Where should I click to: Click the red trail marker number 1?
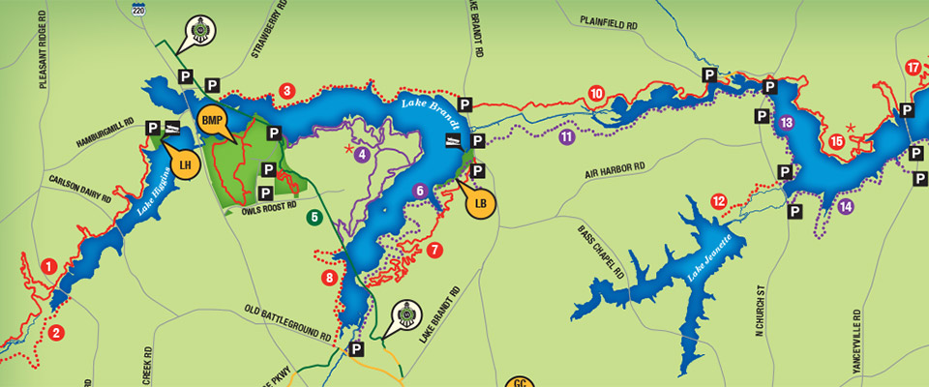pyautogui.click(x=48, y=265)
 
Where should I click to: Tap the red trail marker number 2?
pyautogui.click(x=56, y=334)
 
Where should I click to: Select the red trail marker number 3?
pyautogui.click(x=286, y=92)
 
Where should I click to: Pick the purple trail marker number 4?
pyautogui.click(x=362, y=153)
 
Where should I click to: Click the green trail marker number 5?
pyautogui.click(x=315, y=218)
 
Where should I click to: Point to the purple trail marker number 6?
pyautogui.click(x=419, y=191)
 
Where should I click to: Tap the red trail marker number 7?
pyautogui.click(x=435, y=250)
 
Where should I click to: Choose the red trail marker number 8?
pyautogui.click(x=329, y=279)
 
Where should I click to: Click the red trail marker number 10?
pyautogui.click(x=596, y=93)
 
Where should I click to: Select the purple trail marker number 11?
pyautogui.click(x=566, y=137)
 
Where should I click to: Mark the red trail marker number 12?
pyautogui.click(x=718, y=201)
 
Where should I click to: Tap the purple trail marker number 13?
pyautogui.click(x=786, y=123)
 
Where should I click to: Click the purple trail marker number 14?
pyautogui.click(x=847, y=205)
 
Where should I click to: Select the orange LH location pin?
pyautogui.click(x=188, y=164)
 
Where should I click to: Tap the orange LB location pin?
pyautogui.click(x=482, y=203)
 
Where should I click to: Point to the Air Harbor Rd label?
pyautogui.click(x=614, y=171)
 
